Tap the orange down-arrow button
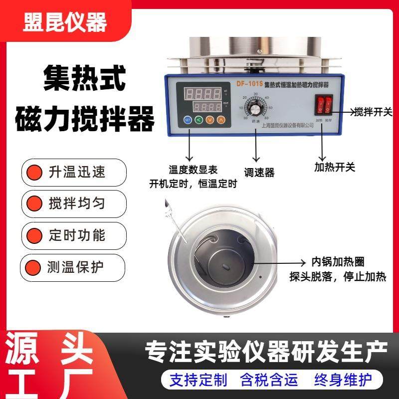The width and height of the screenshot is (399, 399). [x=210, y=120]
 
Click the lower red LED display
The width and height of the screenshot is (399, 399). [x=207, y=106]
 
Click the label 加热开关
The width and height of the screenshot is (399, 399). [x=335, y=167]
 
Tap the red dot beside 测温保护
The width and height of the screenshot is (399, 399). [x=34, y=267]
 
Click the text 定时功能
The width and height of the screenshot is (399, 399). [x=77, y=235]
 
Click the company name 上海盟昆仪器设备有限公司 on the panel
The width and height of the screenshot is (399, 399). [x=287, y=126]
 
